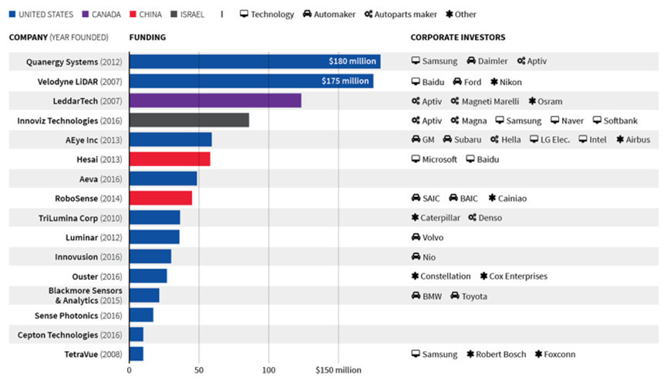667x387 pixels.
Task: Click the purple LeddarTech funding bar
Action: pyautogui.click(x=215, y=100)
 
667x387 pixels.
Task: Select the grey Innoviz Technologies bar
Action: pyautogui.click(x=189, y=121)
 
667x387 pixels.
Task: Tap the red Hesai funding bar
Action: pyautogui.click(x=170, y=159)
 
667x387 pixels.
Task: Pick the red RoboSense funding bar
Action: pyautogui.click(x=160, y=198)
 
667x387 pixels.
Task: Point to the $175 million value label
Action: pyautogui.click(x=345, y=81)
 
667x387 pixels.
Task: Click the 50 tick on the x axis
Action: pyautogui.click(x=199, y=370)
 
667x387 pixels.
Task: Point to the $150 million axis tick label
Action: pyautogui.click(x=338, y=370)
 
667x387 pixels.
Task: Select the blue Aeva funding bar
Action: pyautogui.click(x=163, y=178)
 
